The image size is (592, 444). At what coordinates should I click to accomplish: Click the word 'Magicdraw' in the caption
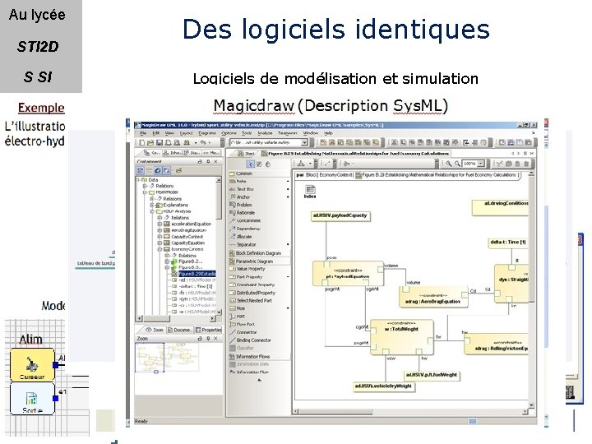(x=254, y=106)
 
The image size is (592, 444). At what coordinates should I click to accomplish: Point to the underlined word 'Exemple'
(x=41, y=109)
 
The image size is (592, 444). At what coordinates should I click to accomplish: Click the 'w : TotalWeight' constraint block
(x=400, y=331)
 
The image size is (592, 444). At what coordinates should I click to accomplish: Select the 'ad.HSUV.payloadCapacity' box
(x=340, y=215)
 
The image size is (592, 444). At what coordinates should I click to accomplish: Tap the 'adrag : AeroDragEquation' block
(x=432, y=298)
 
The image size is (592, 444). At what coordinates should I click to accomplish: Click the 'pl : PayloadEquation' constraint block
(x=340, y=275)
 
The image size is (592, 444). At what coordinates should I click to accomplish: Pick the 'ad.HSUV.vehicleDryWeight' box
(x=383, y=385)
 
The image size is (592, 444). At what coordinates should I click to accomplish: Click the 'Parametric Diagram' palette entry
(x=257, y=261)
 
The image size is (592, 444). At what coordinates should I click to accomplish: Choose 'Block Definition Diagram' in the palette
(x=258, y=253)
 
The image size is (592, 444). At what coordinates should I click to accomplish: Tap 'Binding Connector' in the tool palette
(x=253, y=340)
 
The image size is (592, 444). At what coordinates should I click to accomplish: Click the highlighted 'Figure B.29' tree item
(x=197, y=274)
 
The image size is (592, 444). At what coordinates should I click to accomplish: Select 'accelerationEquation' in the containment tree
(x=191, y=224)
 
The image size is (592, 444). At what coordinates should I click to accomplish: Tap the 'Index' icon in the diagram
(x=310, y=195)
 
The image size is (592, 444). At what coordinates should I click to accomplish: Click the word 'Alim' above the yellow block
(x=30, y=339)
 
